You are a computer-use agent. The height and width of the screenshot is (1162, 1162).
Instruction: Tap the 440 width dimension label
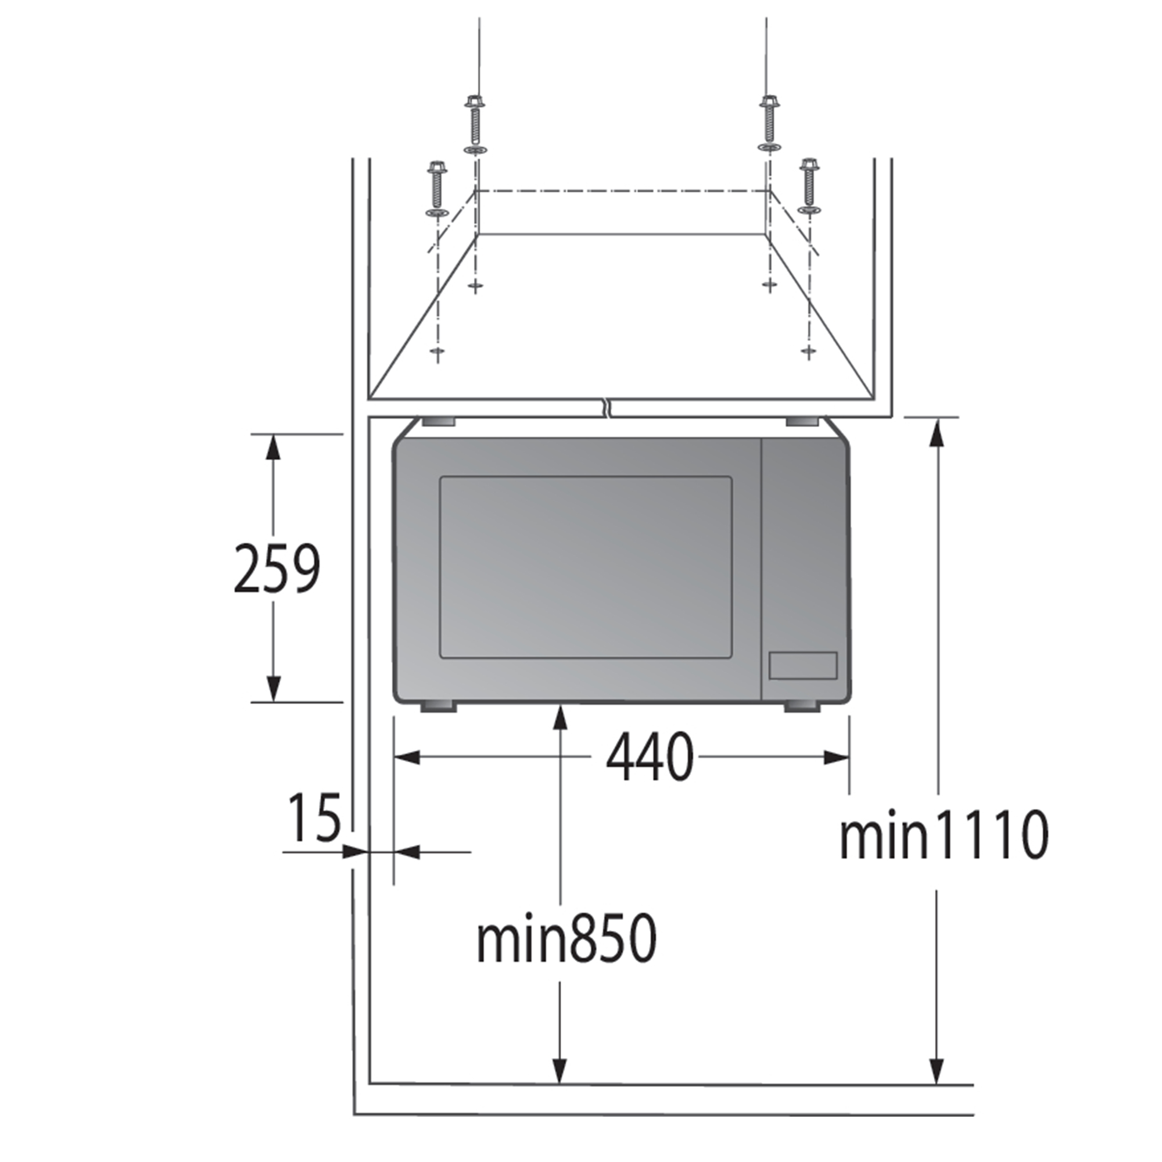(x=650, y=756)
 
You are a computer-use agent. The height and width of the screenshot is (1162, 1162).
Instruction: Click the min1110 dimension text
(x=944, y=836)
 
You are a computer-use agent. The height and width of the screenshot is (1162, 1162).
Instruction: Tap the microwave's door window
(x=586, y=567)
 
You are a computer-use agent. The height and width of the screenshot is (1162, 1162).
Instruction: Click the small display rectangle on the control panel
(x=803, y=666)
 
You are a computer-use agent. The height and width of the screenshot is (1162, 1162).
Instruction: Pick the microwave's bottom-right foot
(x=801, y=706)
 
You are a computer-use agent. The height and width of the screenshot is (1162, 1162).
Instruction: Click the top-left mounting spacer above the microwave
(x=438, y=422)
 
